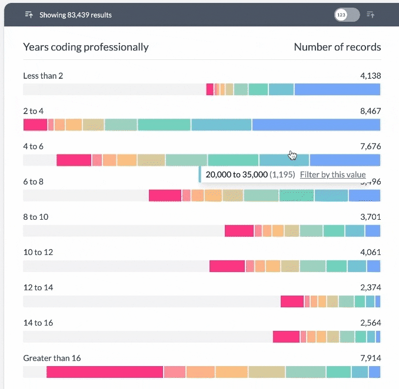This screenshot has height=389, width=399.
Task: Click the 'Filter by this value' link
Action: (332, 175)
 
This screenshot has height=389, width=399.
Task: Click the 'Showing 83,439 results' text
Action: (75, 15)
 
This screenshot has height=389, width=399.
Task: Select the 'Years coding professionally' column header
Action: (86, 47)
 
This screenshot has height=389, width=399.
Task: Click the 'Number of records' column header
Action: (337, 47)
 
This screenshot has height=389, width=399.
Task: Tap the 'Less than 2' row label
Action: (42, 76)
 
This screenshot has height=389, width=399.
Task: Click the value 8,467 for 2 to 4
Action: (370, 111)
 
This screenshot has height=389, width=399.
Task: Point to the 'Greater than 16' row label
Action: (52, 358)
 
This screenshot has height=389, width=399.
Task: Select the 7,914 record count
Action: (370, 358)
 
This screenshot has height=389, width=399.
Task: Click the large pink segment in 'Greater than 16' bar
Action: (104, 372)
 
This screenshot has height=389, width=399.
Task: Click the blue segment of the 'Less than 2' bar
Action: (337, 89)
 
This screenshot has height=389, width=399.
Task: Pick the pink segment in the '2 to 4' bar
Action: (35, 125)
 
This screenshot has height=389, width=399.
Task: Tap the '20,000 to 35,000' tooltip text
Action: (237, 175)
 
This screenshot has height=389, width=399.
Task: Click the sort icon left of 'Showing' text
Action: (29, 15)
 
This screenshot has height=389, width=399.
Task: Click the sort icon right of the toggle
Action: (370, 15)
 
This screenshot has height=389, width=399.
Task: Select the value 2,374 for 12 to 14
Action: (370, 287)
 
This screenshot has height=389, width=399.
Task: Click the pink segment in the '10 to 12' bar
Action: (227, 266)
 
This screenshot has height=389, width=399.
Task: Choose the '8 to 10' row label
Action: (35, 217)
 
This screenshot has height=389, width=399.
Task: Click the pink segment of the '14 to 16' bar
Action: (286, 337)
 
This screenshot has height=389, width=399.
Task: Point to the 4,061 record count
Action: (370, 252)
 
